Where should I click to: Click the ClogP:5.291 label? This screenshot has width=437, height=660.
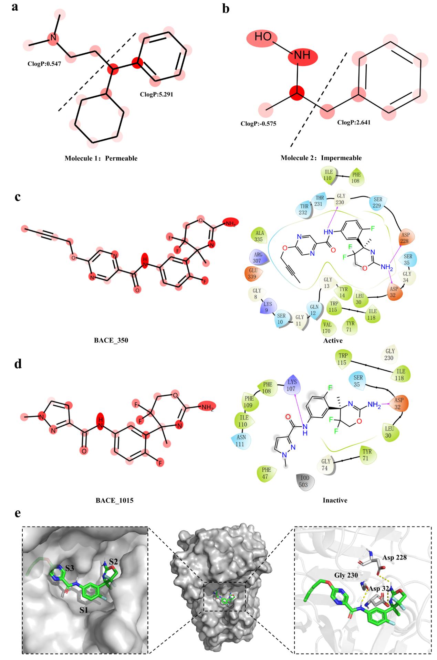[x=156, y=94]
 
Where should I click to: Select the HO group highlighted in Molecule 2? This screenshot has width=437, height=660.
[x=263, y=37]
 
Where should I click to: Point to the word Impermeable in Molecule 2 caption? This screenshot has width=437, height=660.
[x=341, y=158]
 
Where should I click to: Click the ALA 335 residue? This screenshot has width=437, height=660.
[x=259, y=236]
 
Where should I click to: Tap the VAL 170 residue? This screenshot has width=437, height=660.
[x=326, y=327]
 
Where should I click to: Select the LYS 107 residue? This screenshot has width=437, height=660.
[x=292, y=384]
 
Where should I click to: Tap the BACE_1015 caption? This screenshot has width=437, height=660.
[x=114, y=500]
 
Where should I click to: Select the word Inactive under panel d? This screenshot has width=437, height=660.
[x=335, y=500]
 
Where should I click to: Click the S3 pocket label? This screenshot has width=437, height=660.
[x=70, y=568]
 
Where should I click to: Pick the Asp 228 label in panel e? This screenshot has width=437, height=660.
[x=394, y=557]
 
